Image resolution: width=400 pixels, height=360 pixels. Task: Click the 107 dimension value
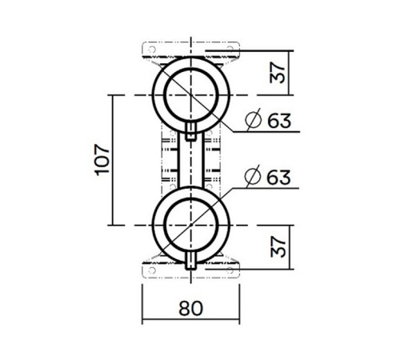102,160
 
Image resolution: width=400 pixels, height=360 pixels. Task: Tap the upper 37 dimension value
277,72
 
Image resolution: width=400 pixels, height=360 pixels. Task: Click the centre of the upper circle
192,94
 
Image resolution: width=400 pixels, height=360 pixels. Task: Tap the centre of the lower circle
192,226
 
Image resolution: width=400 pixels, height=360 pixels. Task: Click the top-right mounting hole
234,50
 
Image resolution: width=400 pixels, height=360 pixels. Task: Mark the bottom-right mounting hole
234,270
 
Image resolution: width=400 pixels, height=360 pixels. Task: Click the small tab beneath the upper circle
192,133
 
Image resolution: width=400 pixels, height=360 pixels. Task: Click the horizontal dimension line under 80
192,322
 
